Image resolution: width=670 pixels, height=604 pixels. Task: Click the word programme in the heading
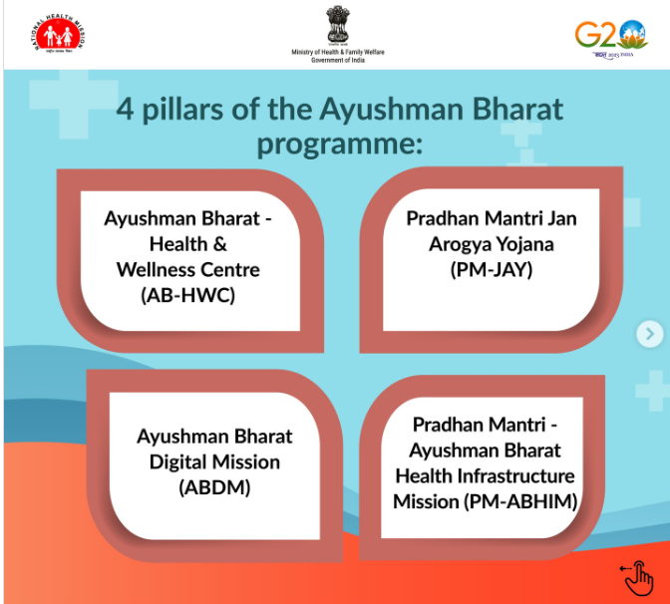tap(340, 144)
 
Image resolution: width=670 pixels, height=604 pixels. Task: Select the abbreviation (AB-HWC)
tap(188, 294)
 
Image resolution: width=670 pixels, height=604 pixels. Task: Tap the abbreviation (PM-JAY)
tap(492, 269)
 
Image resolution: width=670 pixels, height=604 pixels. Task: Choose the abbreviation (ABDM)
tap(214, 487)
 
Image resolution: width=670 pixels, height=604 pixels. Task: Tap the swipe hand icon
tap(637, 575)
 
